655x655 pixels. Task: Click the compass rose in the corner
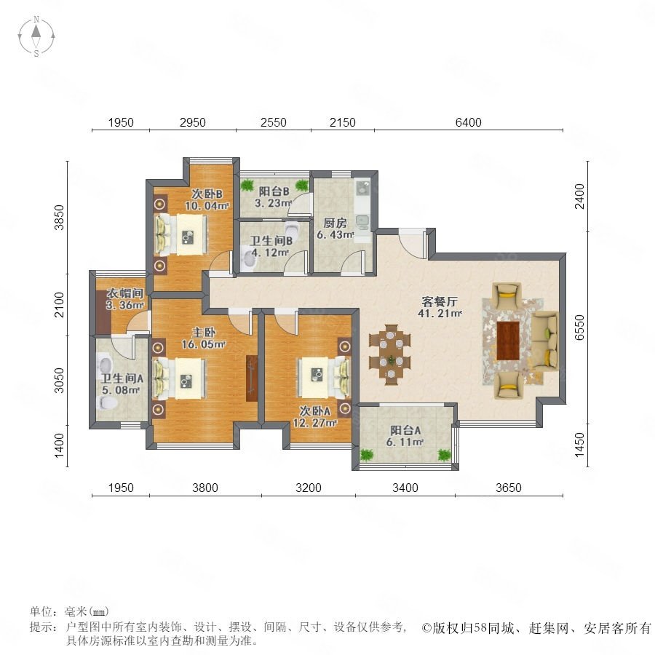click(36, 36)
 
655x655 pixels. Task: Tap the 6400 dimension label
click(468, 122)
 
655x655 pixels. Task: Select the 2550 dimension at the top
click(273, 122)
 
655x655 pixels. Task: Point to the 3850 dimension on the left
click(60, 217)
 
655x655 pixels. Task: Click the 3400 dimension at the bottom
click(405, 488)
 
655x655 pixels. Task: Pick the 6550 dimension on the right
click(580, 327)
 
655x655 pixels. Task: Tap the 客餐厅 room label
click(440, 301)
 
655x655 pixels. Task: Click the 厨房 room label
click(335, 223)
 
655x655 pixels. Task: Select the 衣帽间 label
click(125, 293)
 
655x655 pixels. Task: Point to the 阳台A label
click(405, 430)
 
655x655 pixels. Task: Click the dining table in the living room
click(390, 354)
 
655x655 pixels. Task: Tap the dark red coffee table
click(507, 341)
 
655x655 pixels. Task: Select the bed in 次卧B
click(180, 234)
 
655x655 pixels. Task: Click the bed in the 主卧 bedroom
click(180, 378)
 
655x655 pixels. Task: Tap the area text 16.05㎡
click(204, 344)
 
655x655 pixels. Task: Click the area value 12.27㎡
click(314, 423)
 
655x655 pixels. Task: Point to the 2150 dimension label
click(343, 122)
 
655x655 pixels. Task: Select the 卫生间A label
click(122, 378)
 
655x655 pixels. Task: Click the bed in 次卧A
click(324, 377)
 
